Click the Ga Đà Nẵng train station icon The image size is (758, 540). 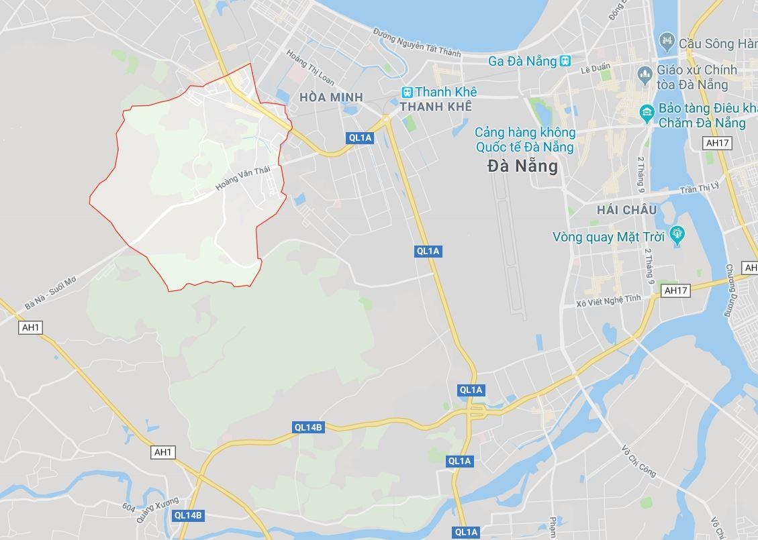[565, 61]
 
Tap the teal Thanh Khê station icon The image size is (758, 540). [407, 92]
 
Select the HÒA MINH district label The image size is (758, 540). [331, 97]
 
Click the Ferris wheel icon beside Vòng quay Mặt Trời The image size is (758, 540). [677, 235]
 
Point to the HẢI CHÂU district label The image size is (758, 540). [626, 210]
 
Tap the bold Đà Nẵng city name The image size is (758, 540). [523, 166]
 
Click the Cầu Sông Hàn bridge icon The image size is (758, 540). [667, 42]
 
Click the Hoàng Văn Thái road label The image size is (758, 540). [242, 178]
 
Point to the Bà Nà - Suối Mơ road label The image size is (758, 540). [50, 293]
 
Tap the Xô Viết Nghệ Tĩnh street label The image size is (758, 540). [608, 301]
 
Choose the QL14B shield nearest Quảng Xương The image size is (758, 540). [187, 515]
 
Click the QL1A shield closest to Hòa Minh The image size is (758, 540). [360, 138]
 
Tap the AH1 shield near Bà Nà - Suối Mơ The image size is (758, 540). [31, 327]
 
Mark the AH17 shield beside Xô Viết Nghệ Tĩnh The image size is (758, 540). [675, 290]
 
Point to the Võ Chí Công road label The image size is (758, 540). [638, 461]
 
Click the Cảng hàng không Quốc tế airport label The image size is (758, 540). [524, 140]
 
